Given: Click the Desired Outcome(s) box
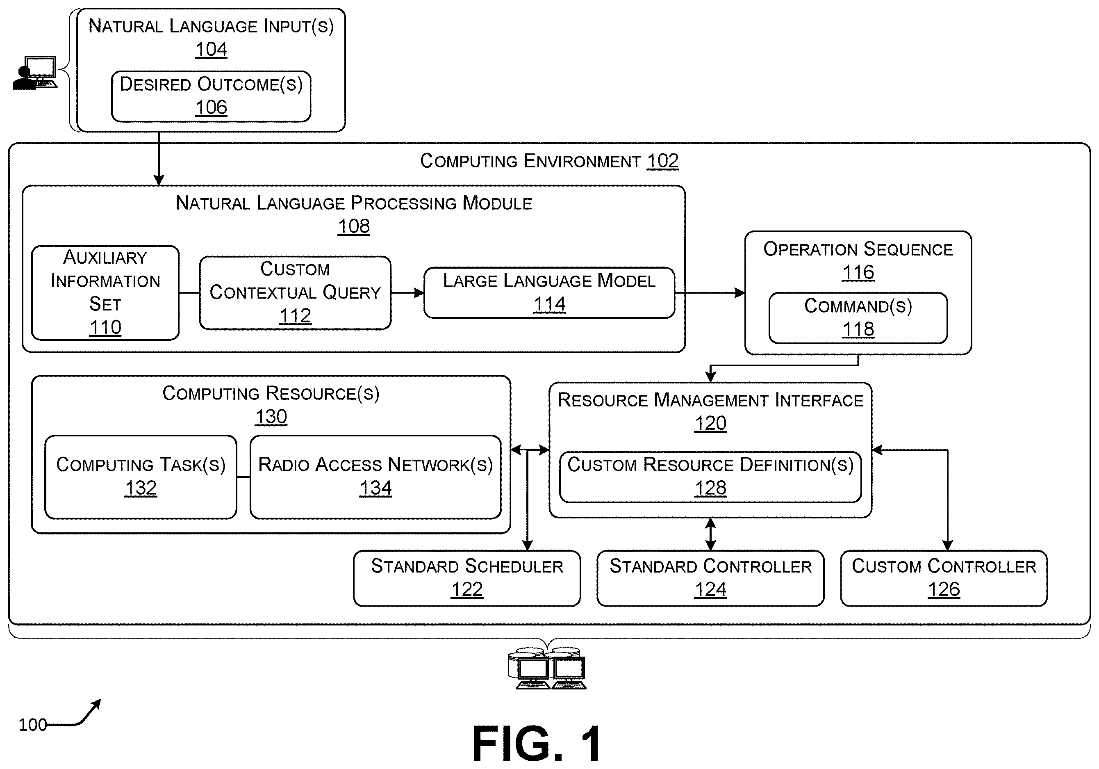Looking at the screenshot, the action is click(x=211, y=96).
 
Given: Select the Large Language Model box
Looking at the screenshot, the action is click(x=549, y=292).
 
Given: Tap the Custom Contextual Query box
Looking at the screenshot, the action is click(x=295, y=292).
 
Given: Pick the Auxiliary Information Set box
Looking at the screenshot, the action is click(x=105, y=292).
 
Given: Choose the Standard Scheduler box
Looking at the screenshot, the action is click(x=466, y=578).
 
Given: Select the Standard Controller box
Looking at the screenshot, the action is click(x=710, y=578).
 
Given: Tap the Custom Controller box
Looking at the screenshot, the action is click(x=944, y=578).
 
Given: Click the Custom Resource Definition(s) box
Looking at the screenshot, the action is click(x=710, y=477).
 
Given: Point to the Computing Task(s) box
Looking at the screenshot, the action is click(x=141, y=477).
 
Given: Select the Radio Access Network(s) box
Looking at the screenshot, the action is click(x=375, y=477).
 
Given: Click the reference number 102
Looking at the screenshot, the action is click(x=662, y=161).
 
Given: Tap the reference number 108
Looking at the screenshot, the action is click(x=354, y=226).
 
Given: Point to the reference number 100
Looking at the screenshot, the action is click(x=32, y=724).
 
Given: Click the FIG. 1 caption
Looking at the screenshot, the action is click(x=537, y=743).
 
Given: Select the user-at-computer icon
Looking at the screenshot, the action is click(x=35, y=73).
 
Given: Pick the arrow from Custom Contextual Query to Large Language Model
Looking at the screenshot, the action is click(x=407, y=292).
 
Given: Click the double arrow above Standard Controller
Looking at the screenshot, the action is click(x=710, y=534).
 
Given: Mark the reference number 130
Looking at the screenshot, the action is click(x=271, y=417).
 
